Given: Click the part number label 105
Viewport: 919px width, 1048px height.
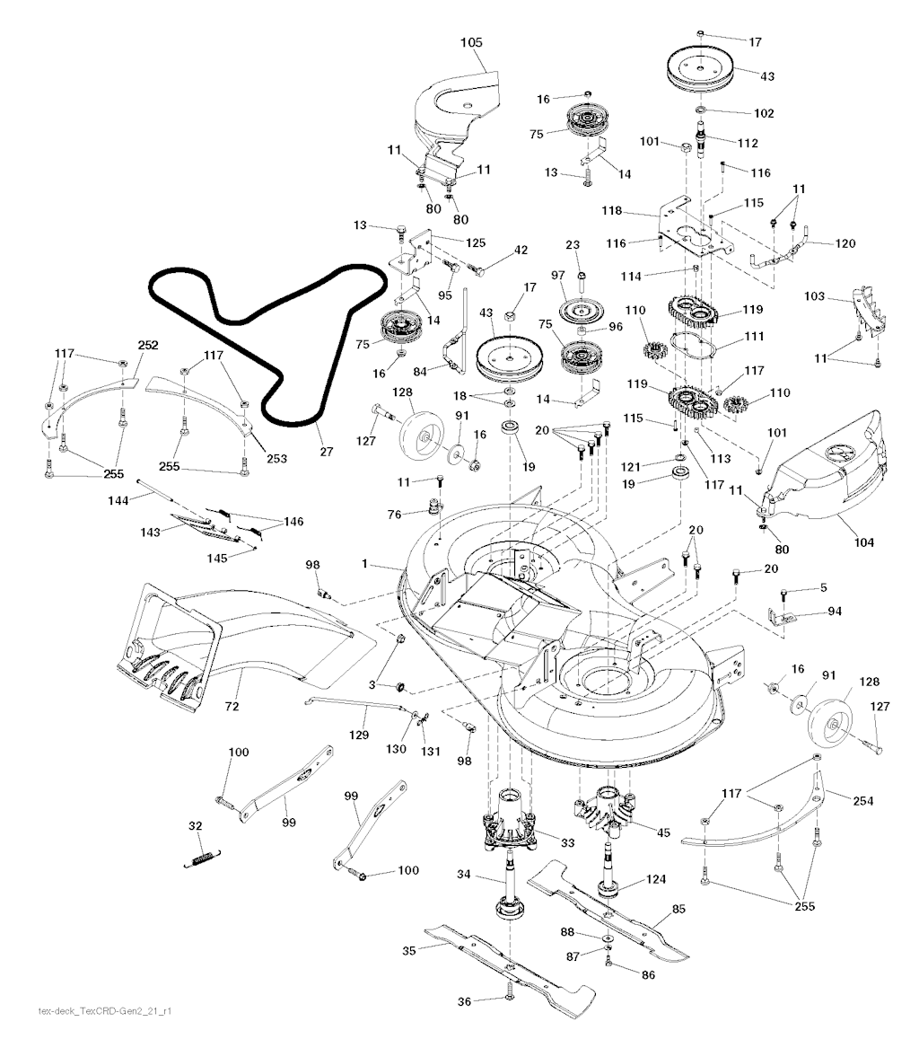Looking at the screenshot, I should (471, 42).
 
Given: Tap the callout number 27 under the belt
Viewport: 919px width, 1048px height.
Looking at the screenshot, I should (326, 452).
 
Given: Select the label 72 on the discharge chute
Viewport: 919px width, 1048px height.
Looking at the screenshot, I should (232, 708).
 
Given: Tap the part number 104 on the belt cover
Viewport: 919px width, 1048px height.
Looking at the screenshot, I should (864, 542).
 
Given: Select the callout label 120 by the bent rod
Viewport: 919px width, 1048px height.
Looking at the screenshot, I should (845, 243).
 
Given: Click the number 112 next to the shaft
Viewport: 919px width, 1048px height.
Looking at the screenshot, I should (747, 143).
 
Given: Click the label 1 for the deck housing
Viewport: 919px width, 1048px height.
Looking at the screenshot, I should (364, 563).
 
